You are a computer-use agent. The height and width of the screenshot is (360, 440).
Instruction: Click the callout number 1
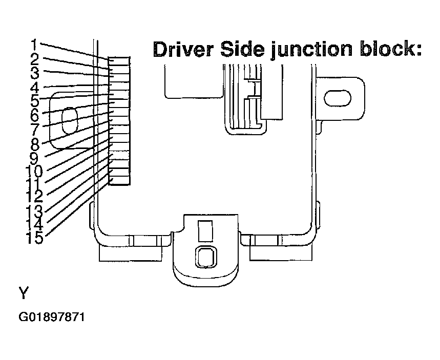pyautogui.click(x=33, y=44)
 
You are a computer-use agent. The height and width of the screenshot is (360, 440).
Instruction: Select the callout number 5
pyautogui.click(x=34, y=100)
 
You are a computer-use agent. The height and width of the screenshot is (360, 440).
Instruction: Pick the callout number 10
pyautogui.click(x=33, y=171)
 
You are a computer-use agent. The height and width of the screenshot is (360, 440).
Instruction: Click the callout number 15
pyautogui.click(x=34, y=238)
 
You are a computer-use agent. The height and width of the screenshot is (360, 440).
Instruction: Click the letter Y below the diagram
pyautogui.click(x=24, y=293)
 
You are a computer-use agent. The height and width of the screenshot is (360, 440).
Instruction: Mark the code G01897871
pyautogui.click(x=52, y=317)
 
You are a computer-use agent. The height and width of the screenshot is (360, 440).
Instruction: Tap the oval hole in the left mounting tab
pyautogui.click(x=69, y=122)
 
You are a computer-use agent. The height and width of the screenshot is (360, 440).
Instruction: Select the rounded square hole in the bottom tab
pyautogui.click(x=205, y=256)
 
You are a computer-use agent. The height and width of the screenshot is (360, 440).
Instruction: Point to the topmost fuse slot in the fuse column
pyautogui.click(x=120, y=62)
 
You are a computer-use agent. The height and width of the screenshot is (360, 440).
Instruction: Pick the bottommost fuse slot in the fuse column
pyautogui.click(x=120, y=180)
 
